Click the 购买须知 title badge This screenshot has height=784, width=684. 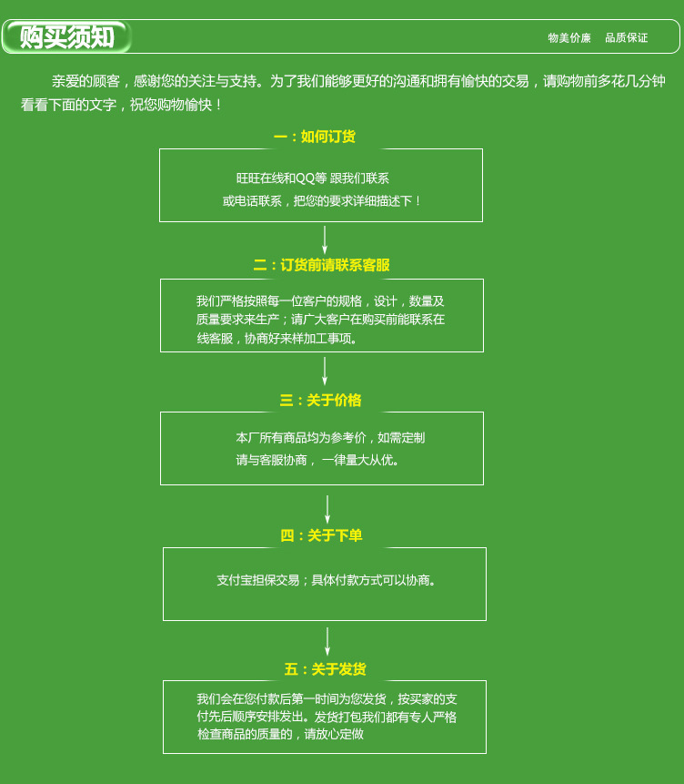click(x=67, y=37)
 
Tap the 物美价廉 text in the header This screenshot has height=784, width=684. click(x=569, y=38)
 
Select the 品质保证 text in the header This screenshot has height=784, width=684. click(x=627, y=38)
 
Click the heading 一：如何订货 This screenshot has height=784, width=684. click(x=315, y=137)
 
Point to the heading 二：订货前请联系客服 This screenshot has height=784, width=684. click(x=321, y=265)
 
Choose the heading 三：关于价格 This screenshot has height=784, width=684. click(x=320, y=400)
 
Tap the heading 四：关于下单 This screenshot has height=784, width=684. click(x=321, y=535)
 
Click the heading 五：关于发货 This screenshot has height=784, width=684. click(x=325, y=669)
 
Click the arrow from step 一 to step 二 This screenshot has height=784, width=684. click(x=325, y=239)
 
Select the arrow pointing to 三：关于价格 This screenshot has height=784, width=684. click(x=325, y=372)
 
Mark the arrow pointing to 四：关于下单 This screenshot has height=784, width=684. click(x=327, y=509)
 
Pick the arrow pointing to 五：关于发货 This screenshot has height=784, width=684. click(x=327, y=641)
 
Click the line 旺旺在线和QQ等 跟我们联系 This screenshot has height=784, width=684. click(x=313, y=178)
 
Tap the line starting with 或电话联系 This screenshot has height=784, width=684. click(x=322, y=200)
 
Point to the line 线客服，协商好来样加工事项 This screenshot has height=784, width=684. click(x=278, y=338)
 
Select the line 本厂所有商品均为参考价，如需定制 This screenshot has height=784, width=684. click(x=330, y=437)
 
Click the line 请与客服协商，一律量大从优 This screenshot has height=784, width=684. click(x=317, y=460)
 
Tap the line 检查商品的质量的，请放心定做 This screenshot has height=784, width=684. click(x=280, y=734)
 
